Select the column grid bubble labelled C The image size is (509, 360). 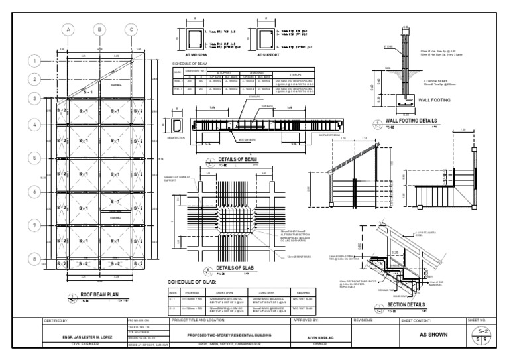coord(131,30)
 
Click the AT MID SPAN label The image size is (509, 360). coord(197,56)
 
